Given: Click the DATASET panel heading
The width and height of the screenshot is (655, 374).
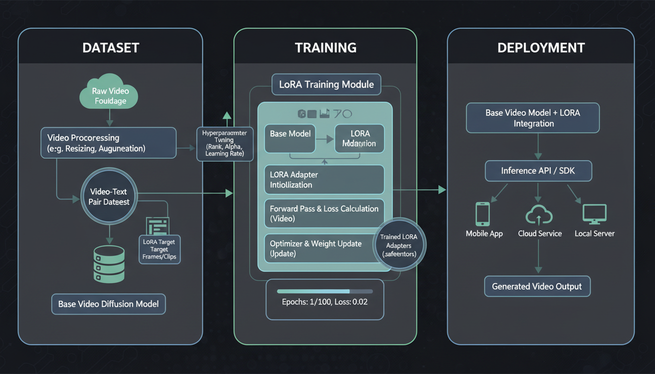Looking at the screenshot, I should pos(111,47).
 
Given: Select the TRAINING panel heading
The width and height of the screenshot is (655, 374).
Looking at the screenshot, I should pos(325,47).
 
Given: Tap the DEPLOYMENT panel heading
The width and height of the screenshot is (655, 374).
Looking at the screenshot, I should pos(541,47).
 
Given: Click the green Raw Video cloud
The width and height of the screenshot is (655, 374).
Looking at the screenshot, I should pos(109,95).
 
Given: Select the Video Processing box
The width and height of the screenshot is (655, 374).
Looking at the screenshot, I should pos(108,143).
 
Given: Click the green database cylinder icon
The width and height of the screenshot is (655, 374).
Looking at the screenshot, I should pos(109,263).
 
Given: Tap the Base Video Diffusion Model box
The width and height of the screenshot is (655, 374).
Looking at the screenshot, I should pos(108,304).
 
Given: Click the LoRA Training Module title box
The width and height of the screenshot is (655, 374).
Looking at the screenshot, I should pos(326,84).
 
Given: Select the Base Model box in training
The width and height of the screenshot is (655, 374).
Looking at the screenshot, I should pos(290,138).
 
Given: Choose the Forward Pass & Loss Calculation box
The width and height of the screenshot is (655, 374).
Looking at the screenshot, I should pos(324,213).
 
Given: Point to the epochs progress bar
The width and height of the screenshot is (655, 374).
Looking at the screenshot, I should pos(325,291).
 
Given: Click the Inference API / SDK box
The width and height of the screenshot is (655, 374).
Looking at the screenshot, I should pos(539,171).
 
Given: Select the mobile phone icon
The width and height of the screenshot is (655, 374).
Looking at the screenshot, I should pos(482,214).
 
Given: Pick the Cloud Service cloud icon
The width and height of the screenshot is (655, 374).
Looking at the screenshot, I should pos(539,214).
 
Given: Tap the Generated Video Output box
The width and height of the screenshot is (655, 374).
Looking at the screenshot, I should pos(537,286).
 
